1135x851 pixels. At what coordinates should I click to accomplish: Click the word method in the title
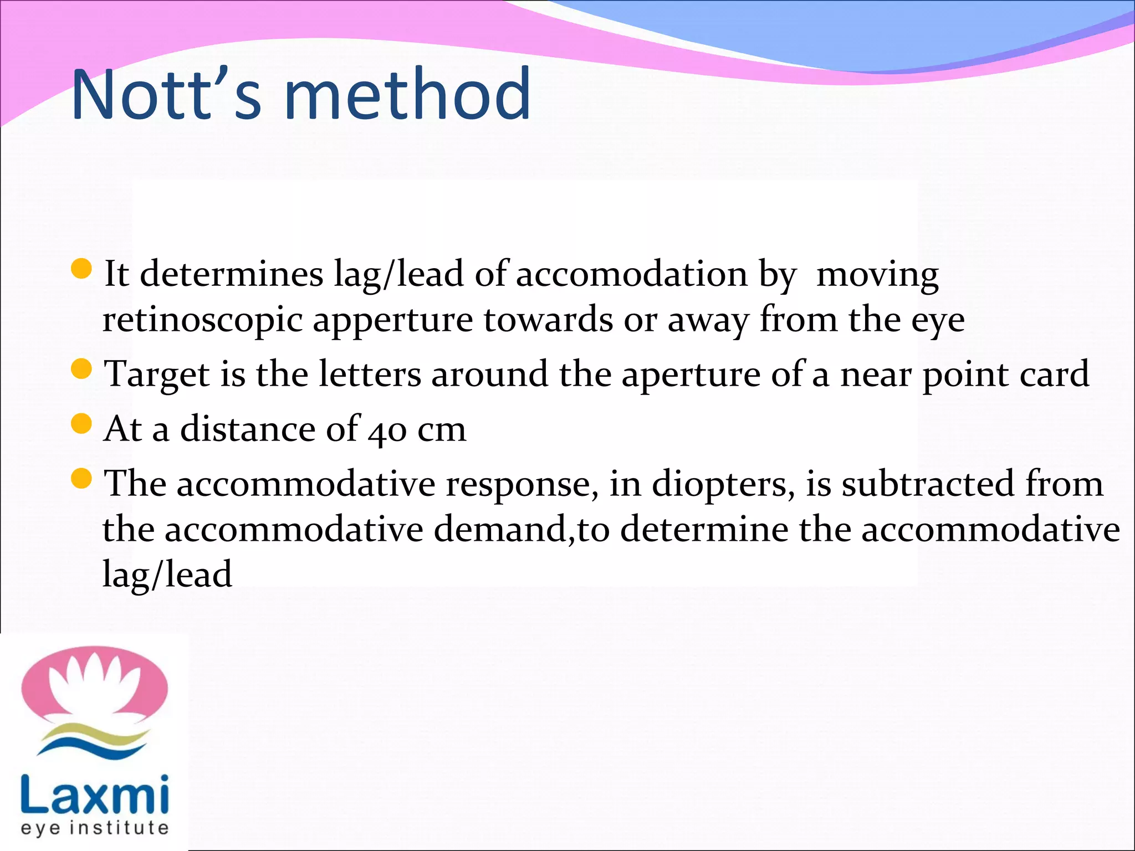click(x=407, y=94)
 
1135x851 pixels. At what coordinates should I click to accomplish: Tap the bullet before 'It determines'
click(x=81, y=269)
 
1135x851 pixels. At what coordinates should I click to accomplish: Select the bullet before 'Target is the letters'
click(x=81, y=370)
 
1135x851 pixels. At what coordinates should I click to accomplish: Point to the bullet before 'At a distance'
click(x=81, y=424)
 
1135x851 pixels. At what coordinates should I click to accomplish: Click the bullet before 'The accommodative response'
click(x=81, y=479)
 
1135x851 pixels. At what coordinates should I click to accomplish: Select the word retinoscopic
click(x=202, y=320)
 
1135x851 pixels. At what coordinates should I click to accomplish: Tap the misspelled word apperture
click(x=393, y=320)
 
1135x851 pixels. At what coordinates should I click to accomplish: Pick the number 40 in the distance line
click(x=387, y=430)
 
